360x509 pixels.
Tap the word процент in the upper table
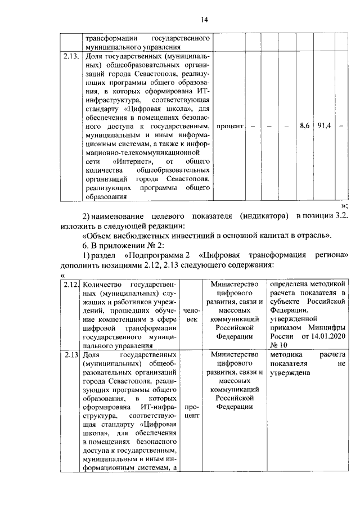229,126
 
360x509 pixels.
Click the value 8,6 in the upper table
304,126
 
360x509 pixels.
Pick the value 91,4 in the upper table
325,126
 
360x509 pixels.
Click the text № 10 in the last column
279,345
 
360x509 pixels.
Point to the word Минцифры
325,326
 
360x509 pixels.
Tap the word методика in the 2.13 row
286,355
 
